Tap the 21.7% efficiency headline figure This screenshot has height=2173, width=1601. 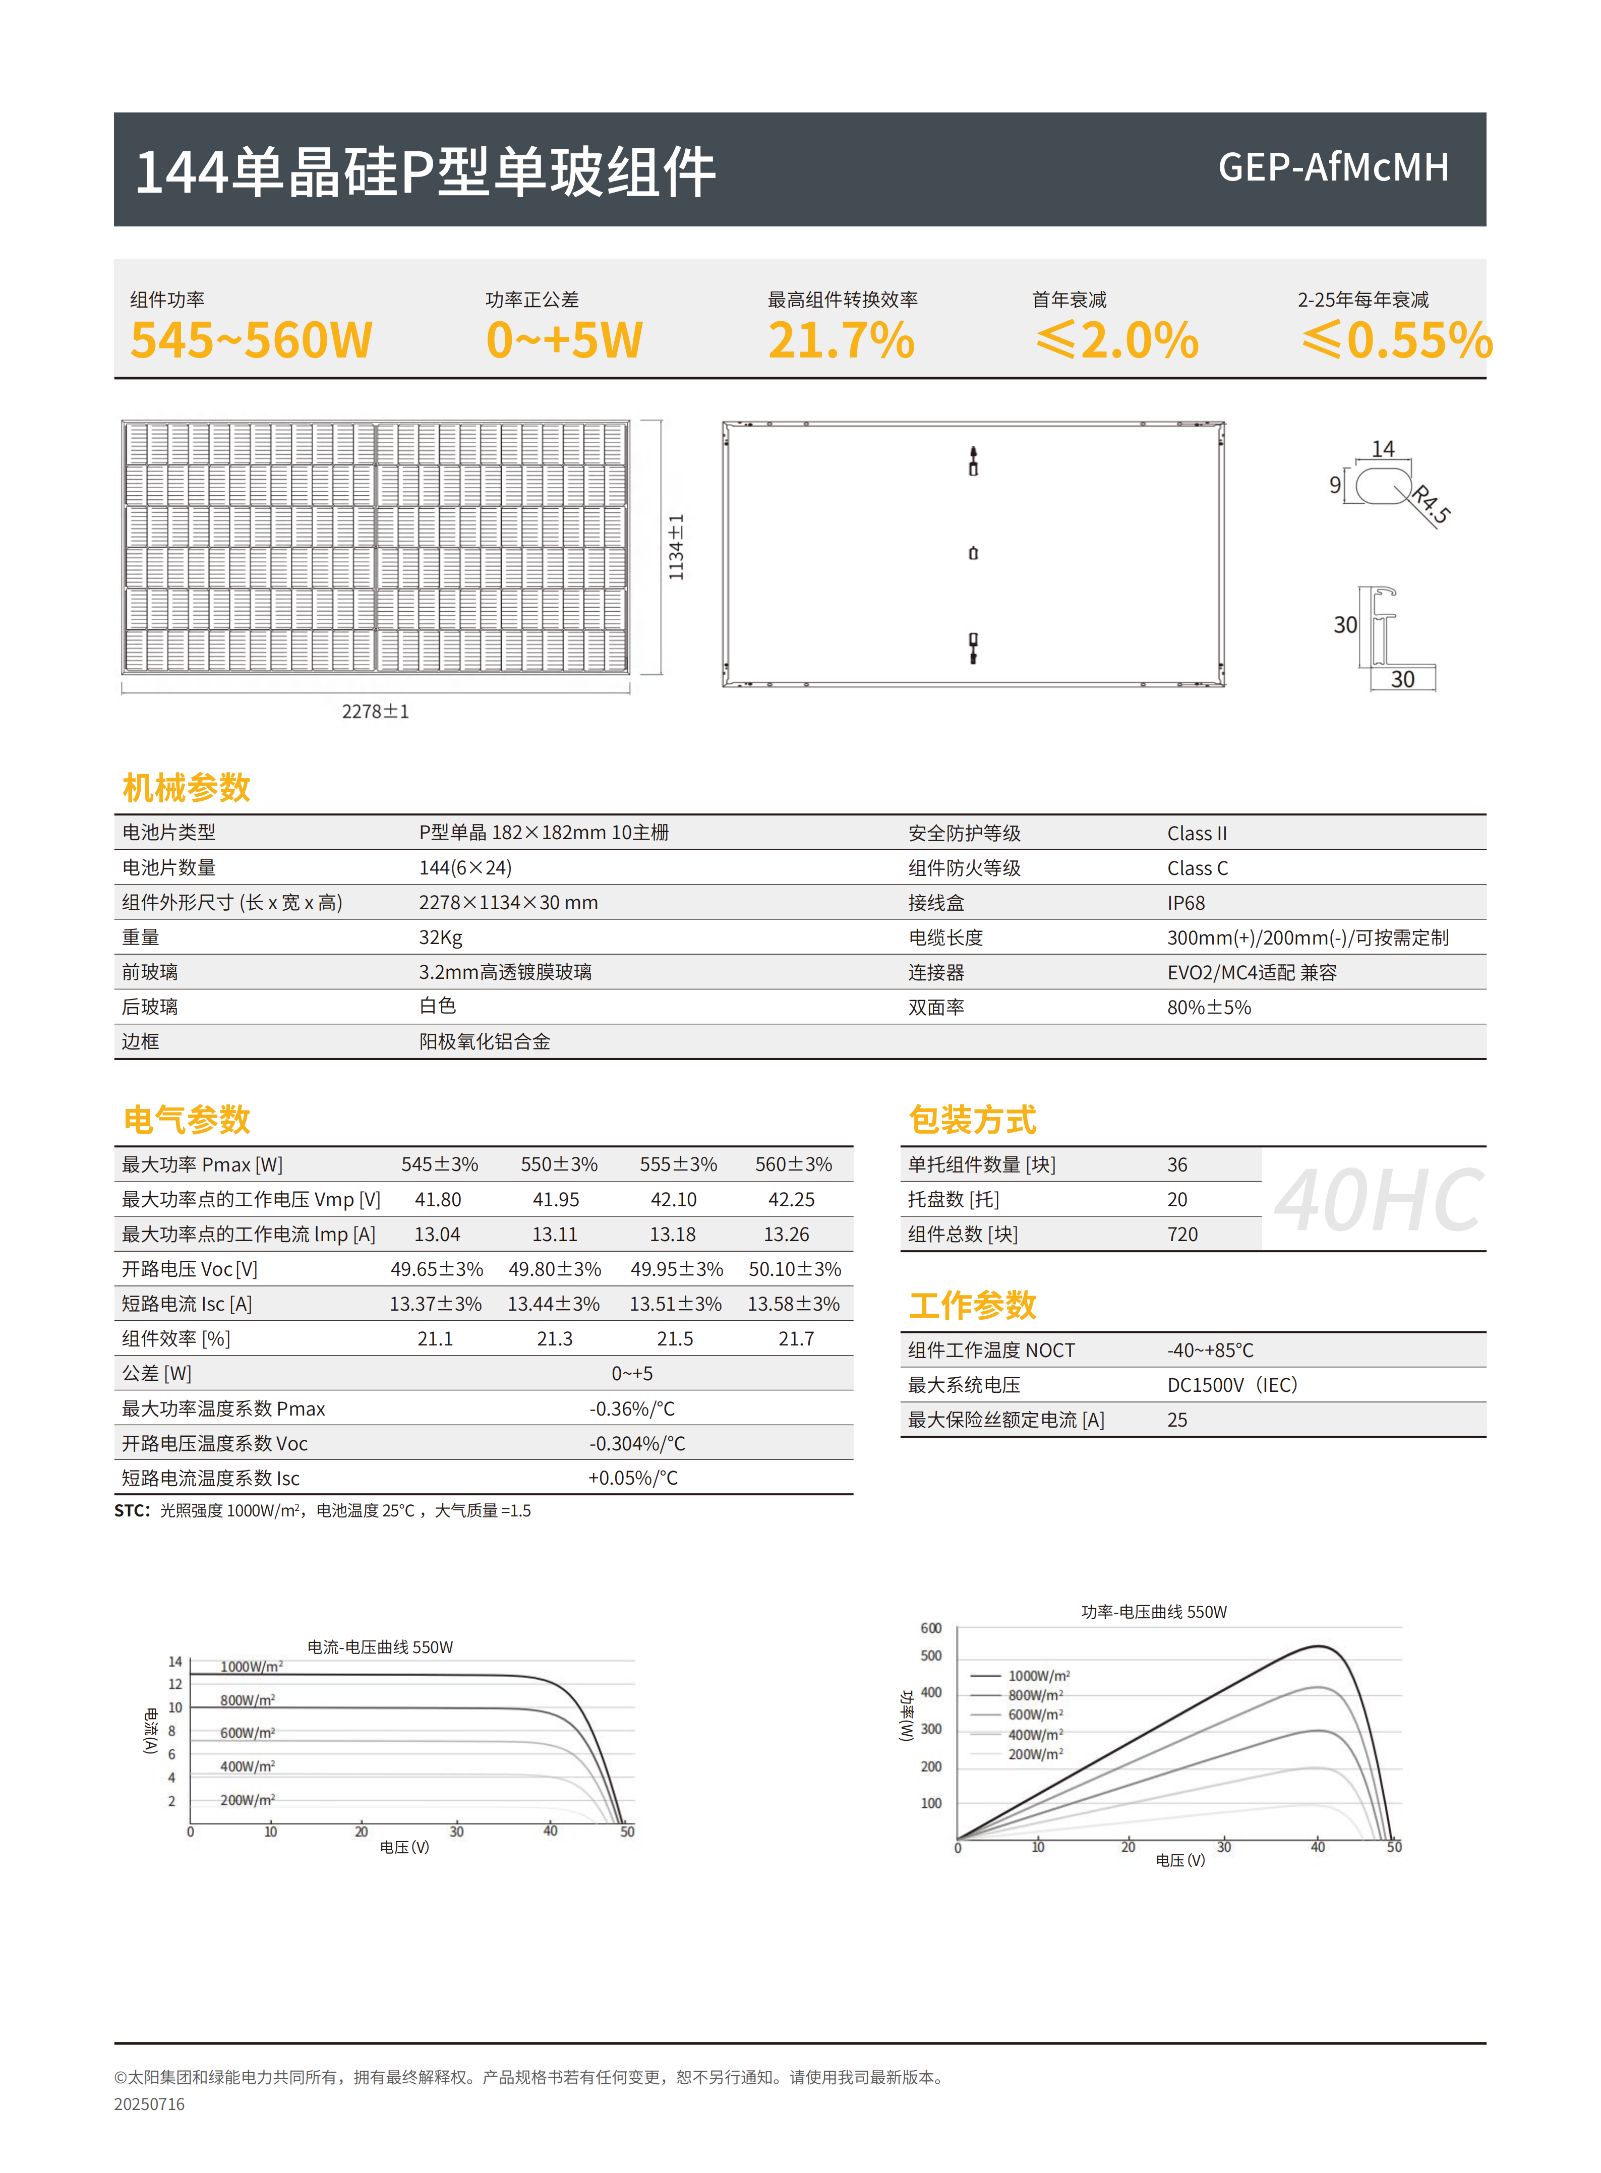pos(841,340)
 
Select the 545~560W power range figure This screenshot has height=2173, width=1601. pos(251,340)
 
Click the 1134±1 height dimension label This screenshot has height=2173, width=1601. pos(676,548)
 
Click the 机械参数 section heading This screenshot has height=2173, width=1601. pos(186,787)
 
